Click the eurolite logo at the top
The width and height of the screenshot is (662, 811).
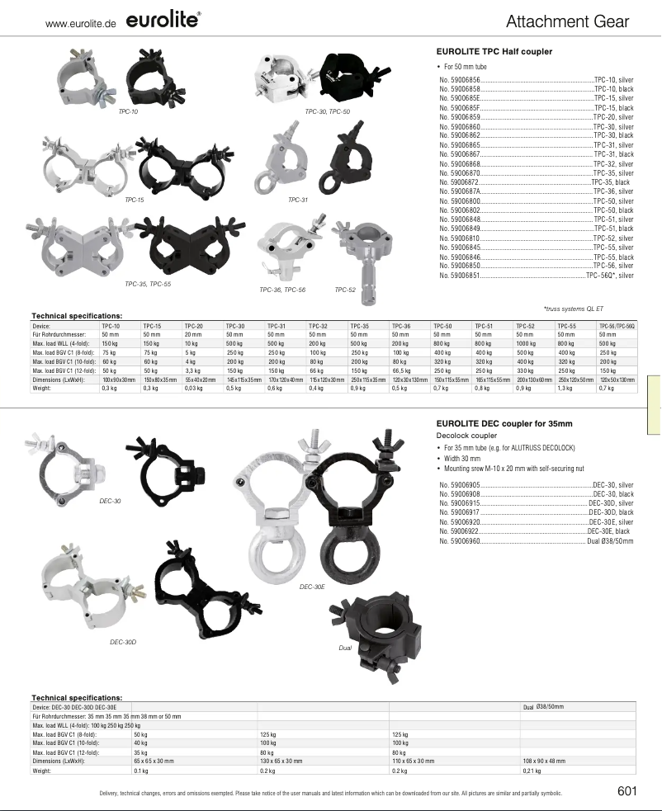[166, 21]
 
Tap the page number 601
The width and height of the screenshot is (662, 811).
[627, 792]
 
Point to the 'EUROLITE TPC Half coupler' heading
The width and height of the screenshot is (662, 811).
[494, 51]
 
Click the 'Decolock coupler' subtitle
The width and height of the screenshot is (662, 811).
[466, 435]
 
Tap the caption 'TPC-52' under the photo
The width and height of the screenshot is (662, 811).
[345, 290]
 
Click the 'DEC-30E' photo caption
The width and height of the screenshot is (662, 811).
[312, 586]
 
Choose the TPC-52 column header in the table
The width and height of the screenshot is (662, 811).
[526, 326]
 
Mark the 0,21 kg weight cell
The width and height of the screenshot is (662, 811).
[532, 771]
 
